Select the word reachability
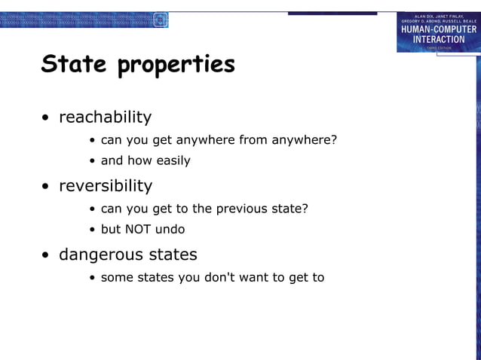coord(105,117)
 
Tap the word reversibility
coord(105,186)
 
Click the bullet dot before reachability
coord(47,119)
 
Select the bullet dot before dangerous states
coord(47,255)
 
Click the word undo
coord(171,229)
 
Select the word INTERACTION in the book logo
coord(439,39)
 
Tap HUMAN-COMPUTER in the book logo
coord(438,29)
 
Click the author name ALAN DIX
coord(424,15)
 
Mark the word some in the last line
coord(117,278)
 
